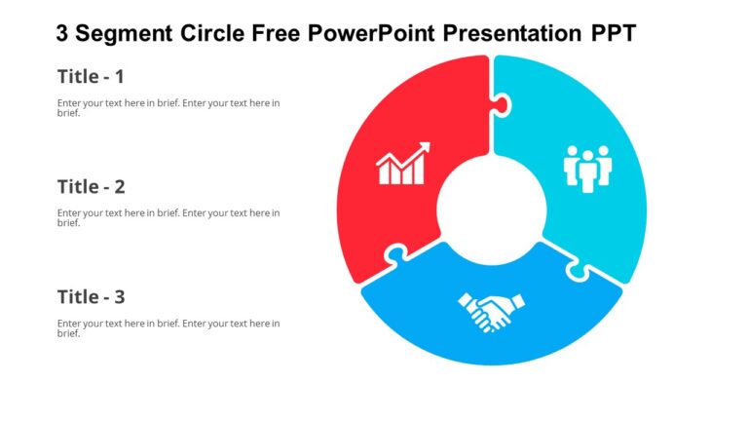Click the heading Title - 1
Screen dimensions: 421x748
point(91,76)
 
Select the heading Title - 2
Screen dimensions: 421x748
point(91,186)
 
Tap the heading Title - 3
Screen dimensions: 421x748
point(91,296)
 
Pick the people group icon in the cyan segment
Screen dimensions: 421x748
point(588,168)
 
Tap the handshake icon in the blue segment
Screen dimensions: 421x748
point(491,312)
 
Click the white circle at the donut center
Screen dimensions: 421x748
point(491,210)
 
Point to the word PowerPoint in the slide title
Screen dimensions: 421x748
point(371,34)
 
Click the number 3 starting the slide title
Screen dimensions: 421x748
point(63,34)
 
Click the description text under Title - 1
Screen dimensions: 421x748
point(168,107)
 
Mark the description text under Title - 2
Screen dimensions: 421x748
point(168,217)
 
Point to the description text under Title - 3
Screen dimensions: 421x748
point(168,327)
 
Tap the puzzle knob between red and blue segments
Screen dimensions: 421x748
point(395,257)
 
